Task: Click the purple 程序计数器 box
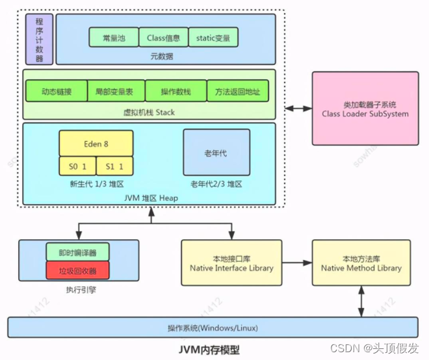tap(39, 39)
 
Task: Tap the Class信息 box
tap(163, 37)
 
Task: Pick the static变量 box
tap(213, 37)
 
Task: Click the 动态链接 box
tap(56, 92)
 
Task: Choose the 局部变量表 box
tap(116, 92)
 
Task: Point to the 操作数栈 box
tap(175, 92)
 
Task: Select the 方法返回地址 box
tap(237, 92)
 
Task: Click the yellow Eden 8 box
tap(96, 143)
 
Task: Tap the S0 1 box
tap(77, 166)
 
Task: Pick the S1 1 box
tap(114, 166)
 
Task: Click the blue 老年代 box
tap(216, 153)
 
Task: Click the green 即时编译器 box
tap(77, 251)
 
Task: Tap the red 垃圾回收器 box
tap(77, 269)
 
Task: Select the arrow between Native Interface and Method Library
tap(296, 263)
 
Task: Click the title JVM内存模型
tap(209, 350)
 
